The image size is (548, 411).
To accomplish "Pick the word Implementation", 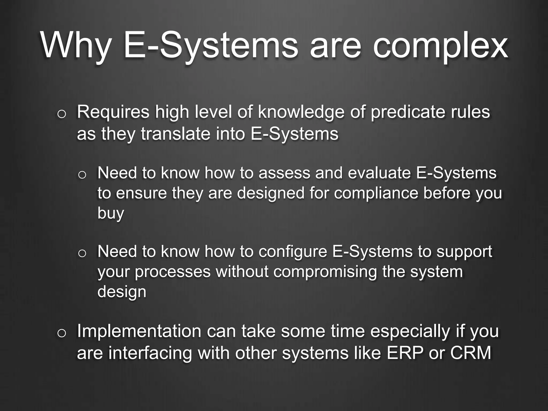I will [139, 331].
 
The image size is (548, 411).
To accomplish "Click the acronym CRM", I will [471, 353].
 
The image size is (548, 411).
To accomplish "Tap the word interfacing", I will [150, 353].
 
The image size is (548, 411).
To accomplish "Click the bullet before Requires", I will [61, 114].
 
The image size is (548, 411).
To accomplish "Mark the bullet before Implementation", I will [61, 333].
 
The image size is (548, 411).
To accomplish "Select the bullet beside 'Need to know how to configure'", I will [82, 254].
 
